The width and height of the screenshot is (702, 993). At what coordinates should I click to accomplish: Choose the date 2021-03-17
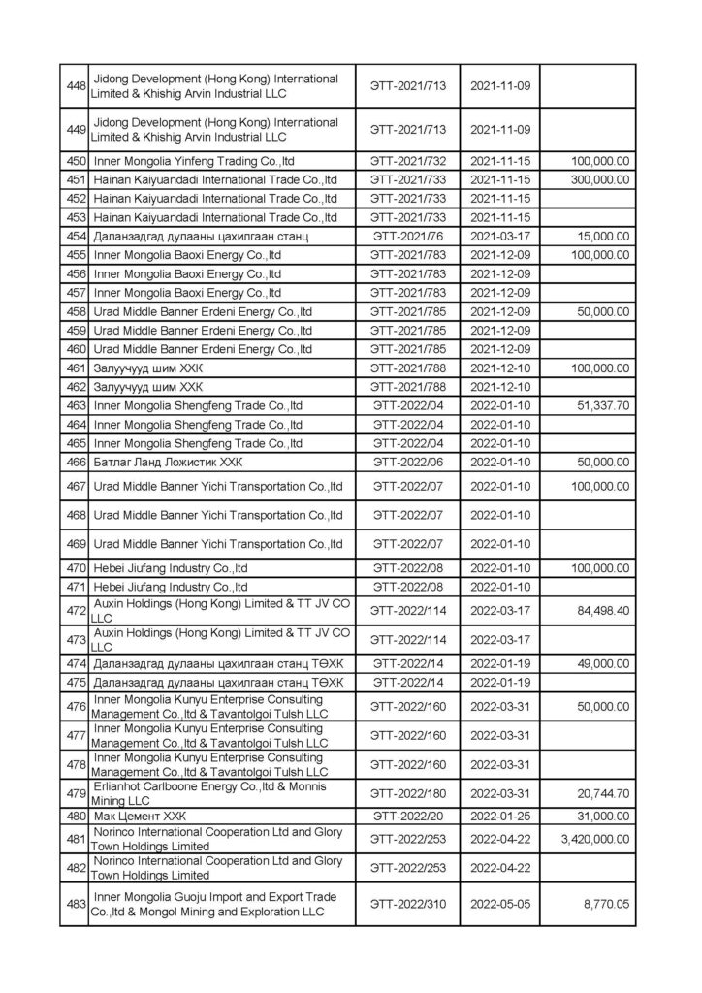coord(499,237)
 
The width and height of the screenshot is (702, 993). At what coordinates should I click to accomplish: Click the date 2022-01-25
coord(499,816)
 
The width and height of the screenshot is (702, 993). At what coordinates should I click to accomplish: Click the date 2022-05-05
coord(499,905)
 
